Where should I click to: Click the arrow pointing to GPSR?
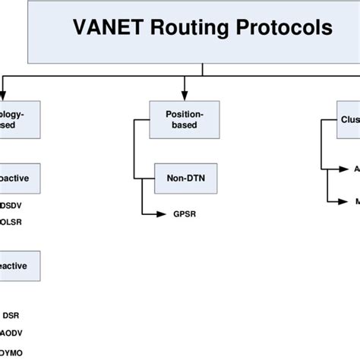coord(156,214)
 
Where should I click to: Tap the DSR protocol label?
coord(11,315)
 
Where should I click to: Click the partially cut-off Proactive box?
coord(19,179)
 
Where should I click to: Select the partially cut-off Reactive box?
coord(19,267)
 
